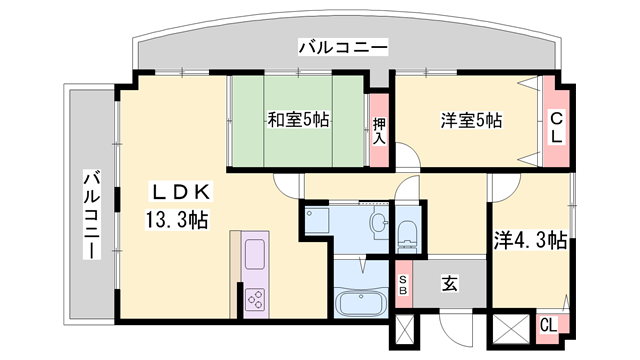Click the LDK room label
pyautogui.click(x=182, y=192)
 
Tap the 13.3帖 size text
pyautogui.click(x=177, y=220)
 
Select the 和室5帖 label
pyautogui.click(x=298, y=120)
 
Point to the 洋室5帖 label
pyautogui.click(x=471, y=120)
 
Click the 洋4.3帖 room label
pyautogui.click(x=530, y=241)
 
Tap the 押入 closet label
pyautogui.click(x=379, y=131)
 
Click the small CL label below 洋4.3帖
pyautogui.click(x=548, y=325)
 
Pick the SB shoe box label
pyautogui.click(x=403, y=285)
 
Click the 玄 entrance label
pyautogui.click(x=449, y=283)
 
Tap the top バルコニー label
pyautogui.click(x=343, y=47)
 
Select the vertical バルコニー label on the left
pyautogui.click(x=92, y=215)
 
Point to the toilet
pyautogui.click(x=407, y=233)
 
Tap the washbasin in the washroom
pyautogui.click(x=379, y=223)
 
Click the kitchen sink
pyautogui.click(x=255, y=255)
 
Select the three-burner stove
pyautogui.click(x=255, y=298)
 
